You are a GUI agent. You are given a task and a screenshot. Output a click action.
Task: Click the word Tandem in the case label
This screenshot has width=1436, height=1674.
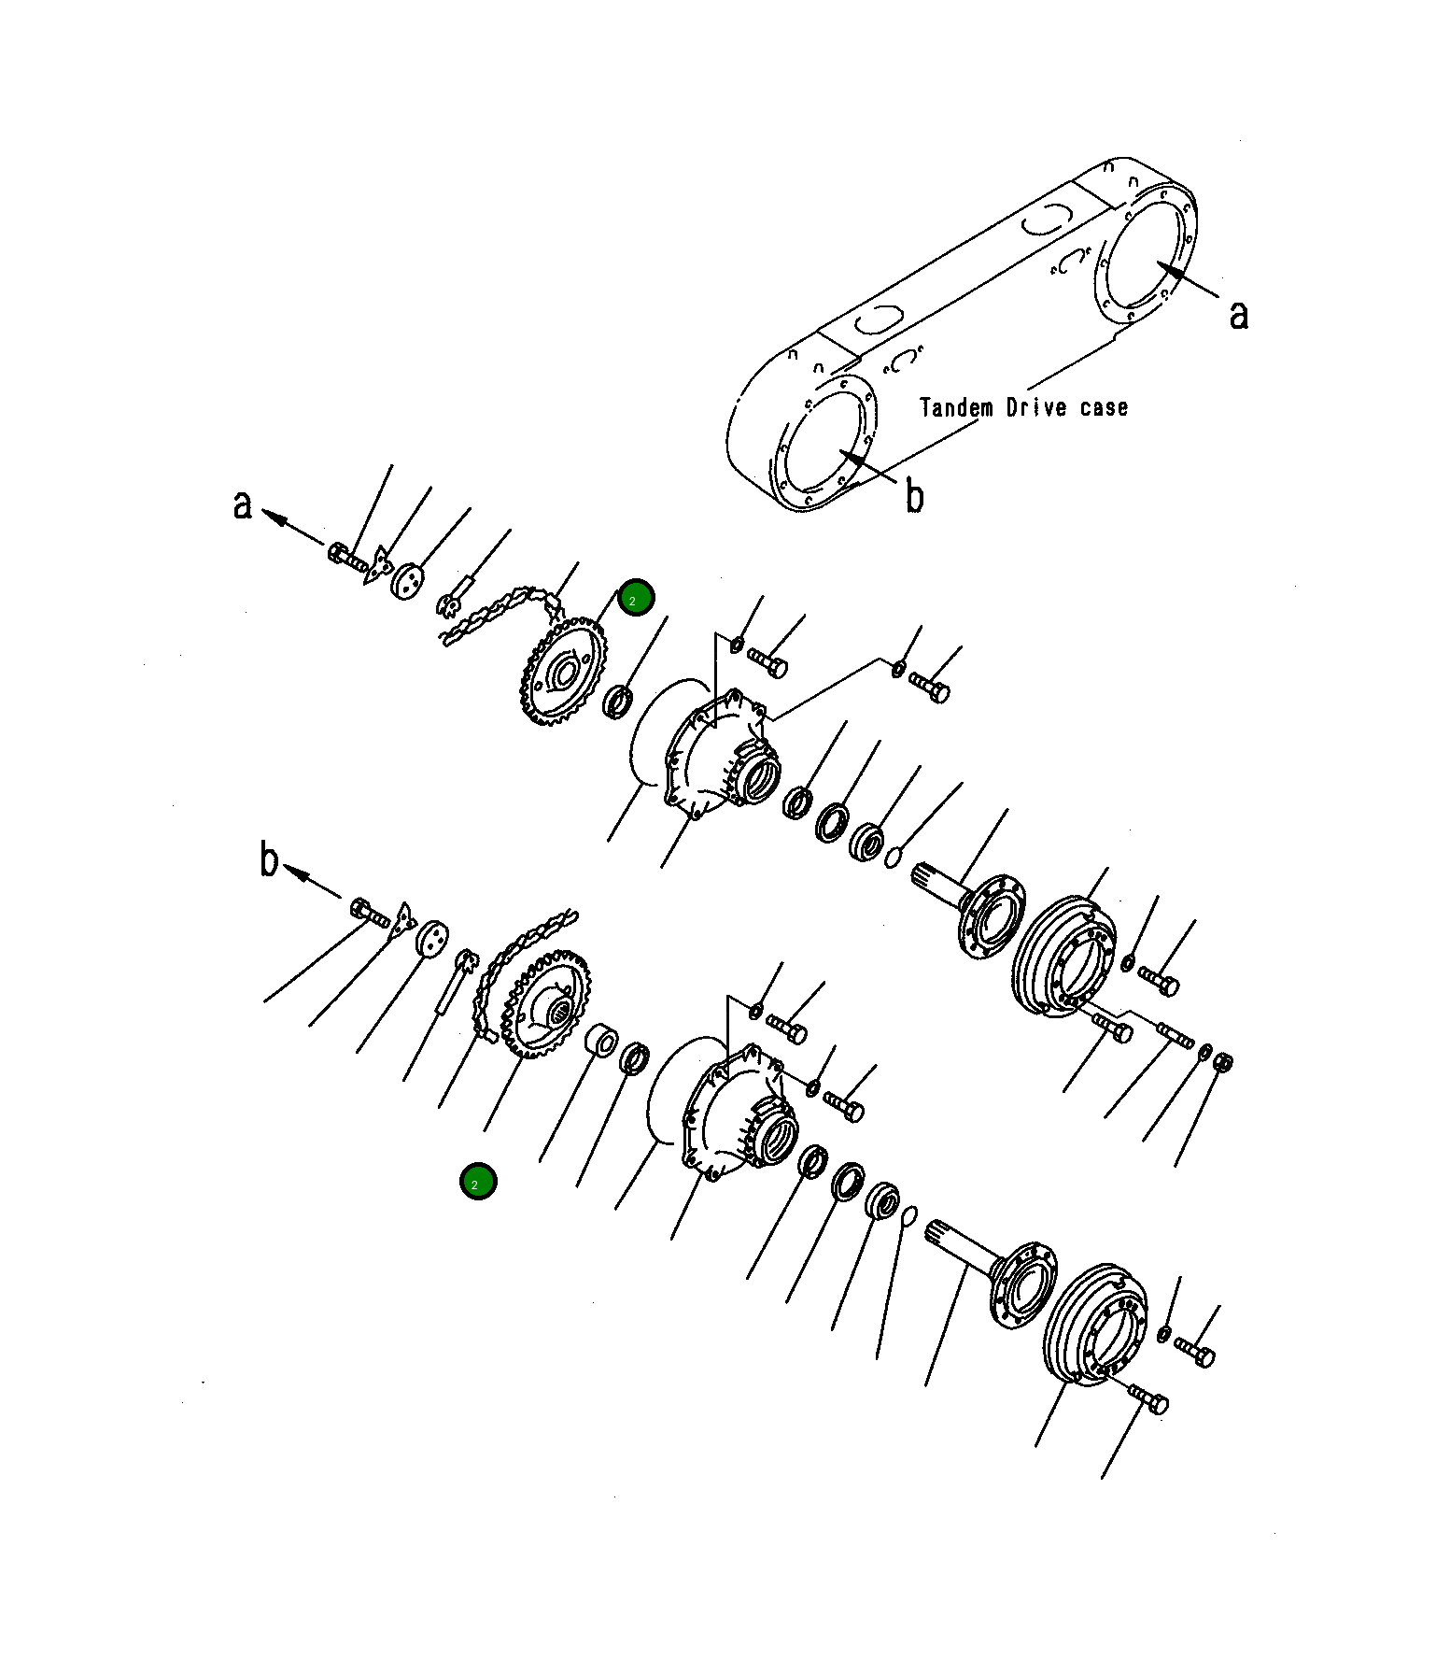click(955, 408)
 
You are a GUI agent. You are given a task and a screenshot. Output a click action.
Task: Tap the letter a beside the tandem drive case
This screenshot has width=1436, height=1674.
click(1238, 315)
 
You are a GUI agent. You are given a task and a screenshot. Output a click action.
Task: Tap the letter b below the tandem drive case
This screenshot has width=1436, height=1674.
click(915, 496)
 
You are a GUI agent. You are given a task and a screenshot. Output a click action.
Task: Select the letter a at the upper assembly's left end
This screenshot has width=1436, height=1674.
click(243, 504)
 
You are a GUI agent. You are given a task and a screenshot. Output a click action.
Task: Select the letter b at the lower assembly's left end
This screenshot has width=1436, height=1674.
click(269, 859)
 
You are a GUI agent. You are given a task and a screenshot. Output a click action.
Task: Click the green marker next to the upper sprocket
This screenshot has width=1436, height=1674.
click(636, 598)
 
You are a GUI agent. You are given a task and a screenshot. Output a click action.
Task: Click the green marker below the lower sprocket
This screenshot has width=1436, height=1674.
click(478, 1182)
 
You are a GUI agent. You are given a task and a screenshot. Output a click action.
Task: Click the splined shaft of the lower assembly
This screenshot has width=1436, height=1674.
click(962, 1241)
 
